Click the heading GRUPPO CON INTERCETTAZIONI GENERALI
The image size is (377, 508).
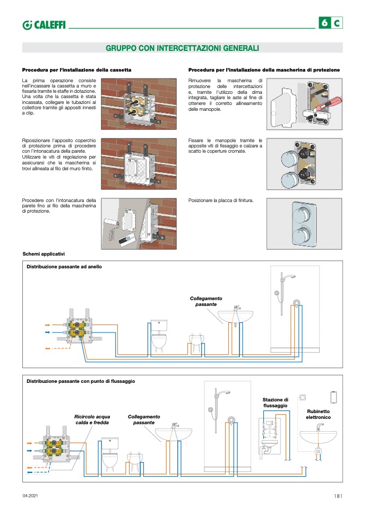tap(182, 48)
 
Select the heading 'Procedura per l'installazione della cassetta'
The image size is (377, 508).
tap(76, 70)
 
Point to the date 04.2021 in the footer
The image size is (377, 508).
tap(30, 496)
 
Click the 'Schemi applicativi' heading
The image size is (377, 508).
tap(44, 255)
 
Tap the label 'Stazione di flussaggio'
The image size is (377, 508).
tap(276, 402)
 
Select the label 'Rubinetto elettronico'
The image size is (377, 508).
tap(318, 414)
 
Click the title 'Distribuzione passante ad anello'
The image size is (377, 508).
tap(64, 267)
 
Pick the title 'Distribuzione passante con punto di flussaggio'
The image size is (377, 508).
tap(81, 381)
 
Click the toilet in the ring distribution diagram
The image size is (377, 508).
tap(160, 337)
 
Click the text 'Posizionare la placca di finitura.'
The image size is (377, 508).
tap(221, 200)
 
